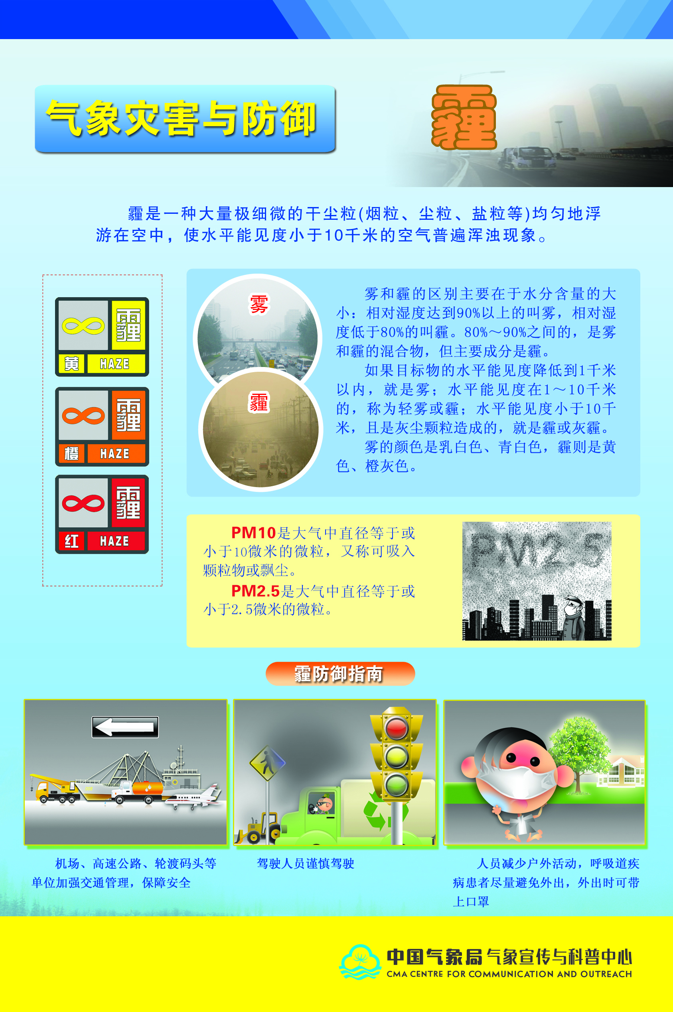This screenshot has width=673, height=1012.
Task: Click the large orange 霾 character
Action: click(464, 117)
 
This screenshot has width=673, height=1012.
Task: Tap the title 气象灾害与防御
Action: click(181, 118)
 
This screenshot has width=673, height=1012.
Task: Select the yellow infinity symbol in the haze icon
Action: click(83, 326)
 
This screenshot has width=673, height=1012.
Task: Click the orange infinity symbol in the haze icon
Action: click(83, 415)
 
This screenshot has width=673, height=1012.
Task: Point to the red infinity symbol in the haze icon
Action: click(83, 503)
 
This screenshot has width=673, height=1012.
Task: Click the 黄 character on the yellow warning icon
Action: click(72, 364)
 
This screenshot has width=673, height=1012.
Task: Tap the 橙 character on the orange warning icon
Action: click(72, 454)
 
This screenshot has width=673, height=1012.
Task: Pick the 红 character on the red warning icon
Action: click(72, 541)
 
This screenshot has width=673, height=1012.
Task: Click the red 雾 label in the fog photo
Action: click(259, 304)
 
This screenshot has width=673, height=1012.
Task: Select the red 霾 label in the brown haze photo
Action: click(259, 402)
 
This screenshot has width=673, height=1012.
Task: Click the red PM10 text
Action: click(253, 533)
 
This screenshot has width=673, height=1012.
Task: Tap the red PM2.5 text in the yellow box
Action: click(255, 591)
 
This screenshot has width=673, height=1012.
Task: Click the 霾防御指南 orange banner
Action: click(340, 673)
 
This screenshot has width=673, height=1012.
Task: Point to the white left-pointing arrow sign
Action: click(125, 727)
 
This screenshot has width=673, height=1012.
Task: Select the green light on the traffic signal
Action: click(396, 784)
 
